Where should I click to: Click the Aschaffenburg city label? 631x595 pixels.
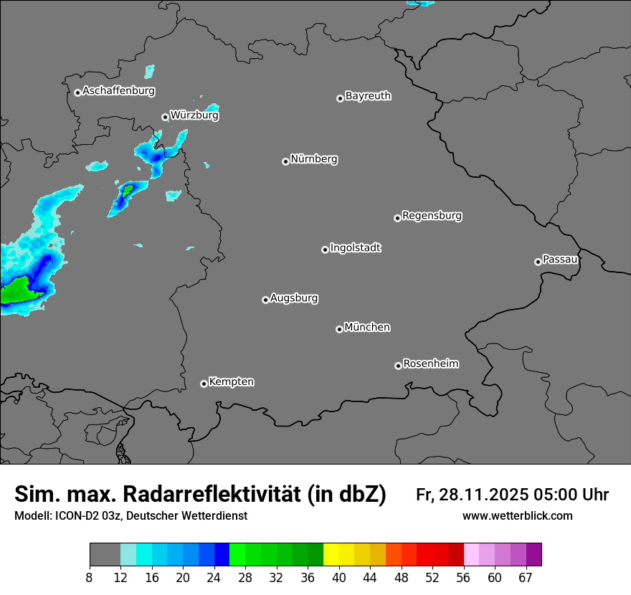[x=118, y=91]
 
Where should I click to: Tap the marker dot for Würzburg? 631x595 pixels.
[x=165, y=117]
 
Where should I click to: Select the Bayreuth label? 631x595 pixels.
[x=368, y=96]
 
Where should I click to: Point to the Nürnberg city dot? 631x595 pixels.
[x=285, y=161]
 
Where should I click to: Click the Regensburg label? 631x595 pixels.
[x=432, y=216]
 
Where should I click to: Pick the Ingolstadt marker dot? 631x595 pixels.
[x=325, y=249]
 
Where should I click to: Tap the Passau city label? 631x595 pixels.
[x=560, y=260]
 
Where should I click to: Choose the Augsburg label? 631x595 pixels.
[x=294, y=298]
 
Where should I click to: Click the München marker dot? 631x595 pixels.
[x=339, y=330]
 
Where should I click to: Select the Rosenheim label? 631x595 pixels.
[x=430, y=364]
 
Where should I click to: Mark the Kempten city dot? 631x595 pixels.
[x=204, y=384]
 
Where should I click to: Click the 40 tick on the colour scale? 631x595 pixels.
[x=339, y=577]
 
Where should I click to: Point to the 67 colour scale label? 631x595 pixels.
[x=526, y=577]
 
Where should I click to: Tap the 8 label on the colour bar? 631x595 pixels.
[x=90, y=577]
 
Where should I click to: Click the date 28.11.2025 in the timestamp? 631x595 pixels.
[x=482, y=495]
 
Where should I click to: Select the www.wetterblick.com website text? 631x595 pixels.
[x=517, y=515]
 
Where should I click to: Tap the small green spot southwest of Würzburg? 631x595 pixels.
[x=128, y=190]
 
